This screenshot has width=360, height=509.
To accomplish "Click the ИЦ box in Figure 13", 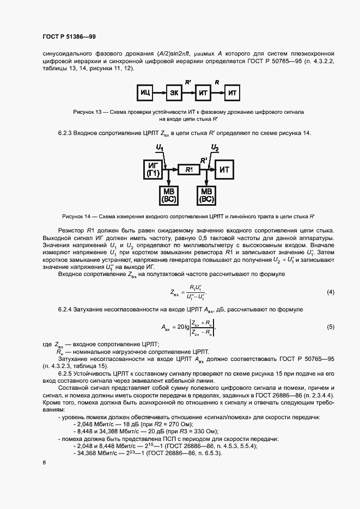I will pos(145,94).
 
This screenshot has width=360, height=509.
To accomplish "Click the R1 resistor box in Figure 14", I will pos(189,170).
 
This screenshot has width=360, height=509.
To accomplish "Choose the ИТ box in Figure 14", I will pos(225,170).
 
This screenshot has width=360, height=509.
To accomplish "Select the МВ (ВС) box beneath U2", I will pos(207,195).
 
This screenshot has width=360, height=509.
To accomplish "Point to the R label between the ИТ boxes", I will pos(217,82).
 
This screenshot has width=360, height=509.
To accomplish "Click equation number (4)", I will pos(330,292).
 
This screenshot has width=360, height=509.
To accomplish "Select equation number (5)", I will pos(330,327).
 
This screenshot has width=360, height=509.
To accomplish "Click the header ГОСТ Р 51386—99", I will pos(69,36).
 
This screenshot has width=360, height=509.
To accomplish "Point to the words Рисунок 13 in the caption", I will pos(87,111).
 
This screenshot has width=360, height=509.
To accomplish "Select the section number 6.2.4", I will pos(67,309).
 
